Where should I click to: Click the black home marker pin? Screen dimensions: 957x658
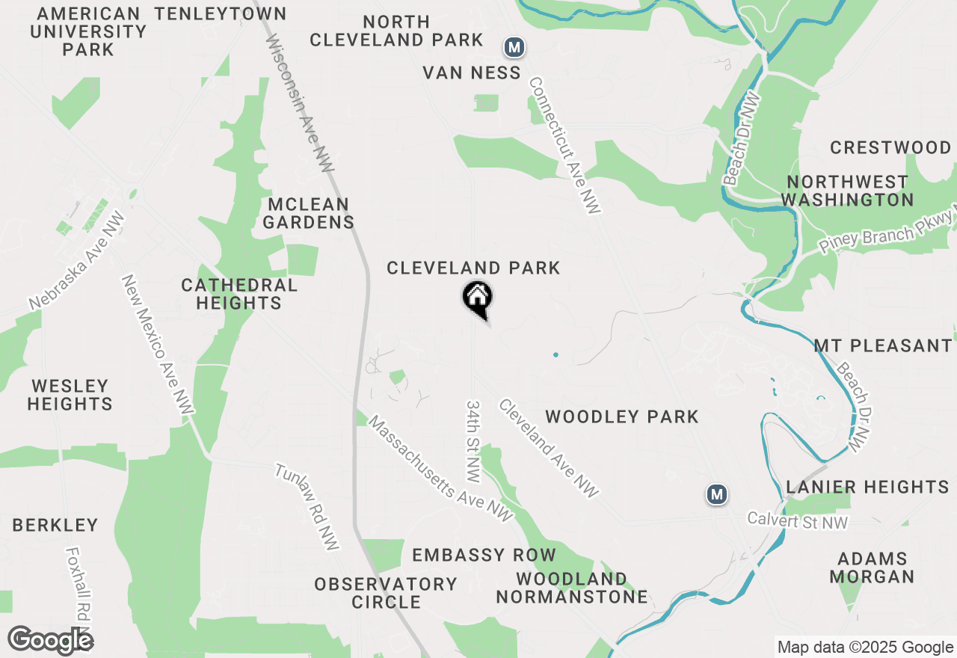tap(477, 298)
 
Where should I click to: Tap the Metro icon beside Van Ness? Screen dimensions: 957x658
tap(514, 48)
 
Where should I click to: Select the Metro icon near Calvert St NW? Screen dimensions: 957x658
tap(717, 494)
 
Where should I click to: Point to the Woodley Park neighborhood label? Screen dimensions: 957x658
tap(622, 416)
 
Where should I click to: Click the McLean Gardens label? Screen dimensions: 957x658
tap(308, 213)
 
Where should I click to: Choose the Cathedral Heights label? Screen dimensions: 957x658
tap(239, 294)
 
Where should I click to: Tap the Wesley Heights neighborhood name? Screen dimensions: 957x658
tap(70, 395)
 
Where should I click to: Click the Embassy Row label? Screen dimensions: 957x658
tap(484, 555)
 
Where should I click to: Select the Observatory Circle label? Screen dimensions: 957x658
tap(386, 593)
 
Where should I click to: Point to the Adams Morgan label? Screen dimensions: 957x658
tap(872, 568)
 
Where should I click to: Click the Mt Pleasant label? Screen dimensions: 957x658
tap(882, 346)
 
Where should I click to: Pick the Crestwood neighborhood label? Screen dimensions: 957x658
tap(890, 147)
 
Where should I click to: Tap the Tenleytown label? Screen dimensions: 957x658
tap(221, 13)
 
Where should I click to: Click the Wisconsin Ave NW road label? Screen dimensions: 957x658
tap(300, 103)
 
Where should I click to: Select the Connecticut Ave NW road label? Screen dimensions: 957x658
tap(565, 146)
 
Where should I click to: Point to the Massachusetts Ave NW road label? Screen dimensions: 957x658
tap(441, 470)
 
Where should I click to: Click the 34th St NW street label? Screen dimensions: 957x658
tap(473, 440)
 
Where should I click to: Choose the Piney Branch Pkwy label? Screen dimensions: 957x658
tap(887, 233)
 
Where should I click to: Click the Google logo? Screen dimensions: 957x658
tap(50, 640)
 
